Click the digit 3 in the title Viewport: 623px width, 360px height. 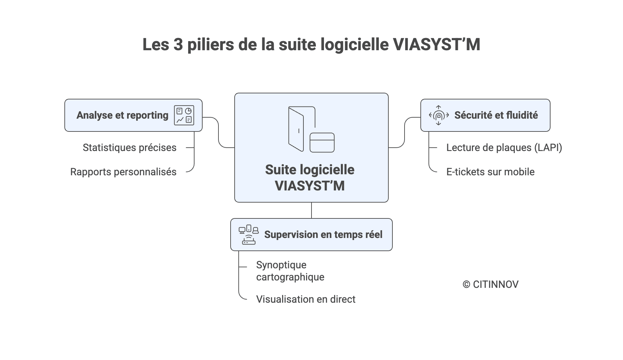tap(178, 44)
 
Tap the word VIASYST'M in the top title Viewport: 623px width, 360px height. tap(437, 44)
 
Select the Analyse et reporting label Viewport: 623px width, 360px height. tap(122, 115)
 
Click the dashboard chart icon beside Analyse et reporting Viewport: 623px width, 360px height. tap(184, 115)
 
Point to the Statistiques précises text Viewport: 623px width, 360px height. tap(129, 148)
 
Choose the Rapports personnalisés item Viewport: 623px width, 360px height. tap(123, 172)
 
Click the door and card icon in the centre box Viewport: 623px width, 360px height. tap(311, 129)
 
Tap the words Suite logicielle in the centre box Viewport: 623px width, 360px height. tap(309, 170)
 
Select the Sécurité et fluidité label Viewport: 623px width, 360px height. tap(496, 115)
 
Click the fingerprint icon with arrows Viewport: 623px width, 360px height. tap(439, 115)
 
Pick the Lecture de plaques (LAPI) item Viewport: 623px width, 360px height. tap(504, 148)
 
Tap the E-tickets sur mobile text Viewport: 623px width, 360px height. tap(490, 172)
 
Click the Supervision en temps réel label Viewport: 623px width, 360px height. tap(323, 235)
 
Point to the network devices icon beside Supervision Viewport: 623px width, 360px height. tap(248, 235)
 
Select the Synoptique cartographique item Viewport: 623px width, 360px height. tap(290, 271)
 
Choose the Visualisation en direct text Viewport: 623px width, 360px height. tap(305, 299)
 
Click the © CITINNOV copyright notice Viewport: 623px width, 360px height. tap(491, 284)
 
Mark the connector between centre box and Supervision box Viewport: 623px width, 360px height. tap(311, 210)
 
